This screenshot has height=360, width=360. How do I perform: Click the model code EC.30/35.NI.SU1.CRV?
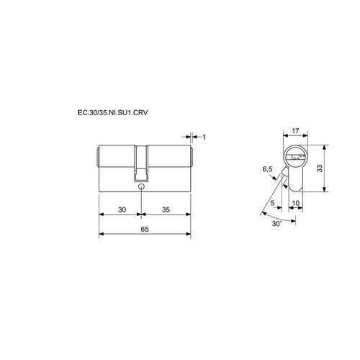point(112,112)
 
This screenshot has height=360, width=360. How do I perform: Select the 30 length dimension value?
point(122,210)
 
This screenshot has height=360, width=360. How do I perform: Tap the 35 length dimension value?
point(166,210)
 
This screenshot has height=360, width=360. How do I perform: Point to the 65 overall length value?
point(145,229)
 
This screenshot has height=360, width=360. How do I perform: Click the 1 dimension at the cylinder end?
point(204,137)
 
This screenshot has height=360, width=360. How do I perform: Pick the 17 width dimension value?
point(295,131)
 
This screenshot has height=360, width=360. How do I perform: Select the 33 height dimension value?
point(320,168)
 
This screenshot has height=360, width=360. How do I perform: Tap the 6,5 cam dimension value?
point(267,169)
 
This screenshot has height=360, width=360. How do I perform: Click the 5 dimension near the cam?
point(272,203)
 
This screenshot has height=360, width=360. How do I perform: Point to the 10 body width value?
point(296,203)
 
